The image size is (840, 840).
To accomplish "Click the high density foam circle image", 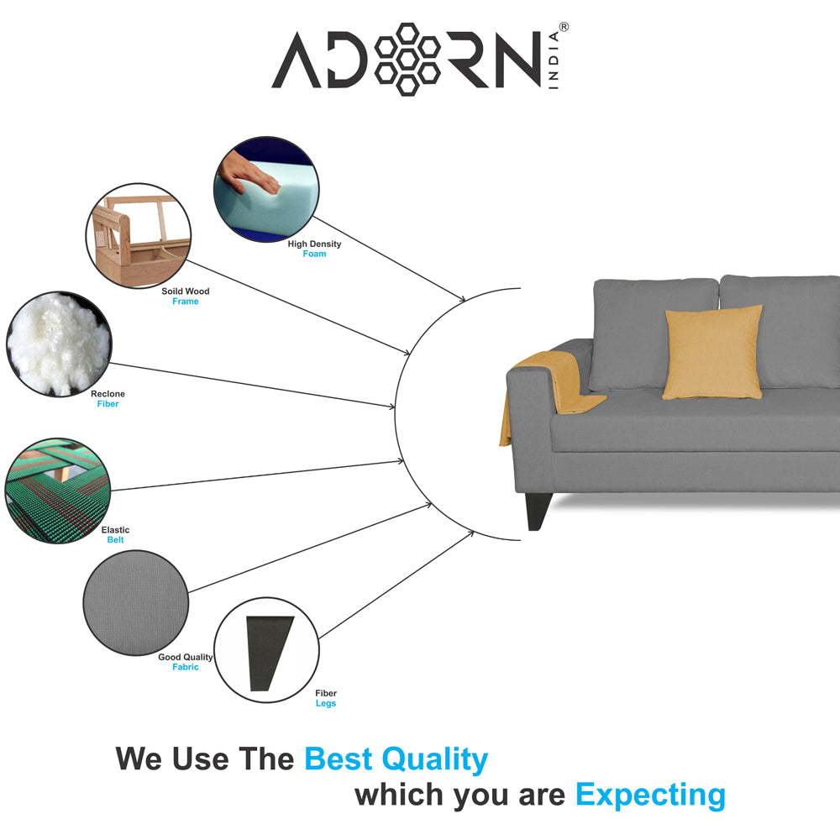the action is coord(266,189).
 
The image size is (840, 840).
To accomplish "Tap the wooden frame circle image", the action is coord(139,236).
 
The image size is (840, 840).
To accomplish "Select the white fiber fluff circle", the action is coord(59,344).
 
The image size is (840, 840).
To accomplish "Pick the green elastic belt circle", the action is coord(58,491).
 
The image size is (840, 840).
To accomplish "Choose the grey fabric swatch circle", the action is coord(136,602).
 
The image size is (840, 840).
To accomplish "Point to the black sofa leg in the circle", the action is coord(269,653).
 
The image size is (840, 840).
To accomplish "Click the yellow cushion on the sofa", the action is coord(712,353).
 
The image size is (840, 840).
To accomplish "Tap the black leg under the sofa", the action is coord(538,511).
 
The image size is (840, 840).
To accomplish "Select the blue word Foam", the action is coord(314,254).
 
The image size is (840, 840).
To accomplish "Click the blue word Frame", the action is coord(186,302).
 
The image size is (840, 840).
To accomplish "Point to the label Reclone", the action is coord(108,394).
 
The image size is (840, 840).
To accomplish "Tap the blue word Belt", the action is coord(115,540).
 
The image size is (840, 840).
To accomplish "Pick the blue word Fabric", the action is coord(186,667).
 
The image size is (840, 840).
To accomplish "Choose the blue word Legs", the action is coord(326,703).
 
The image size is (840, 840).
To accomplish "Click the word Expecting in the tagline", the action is coord(650,795).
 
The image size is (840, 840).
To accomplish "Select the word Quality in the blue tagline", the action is coord(434,759).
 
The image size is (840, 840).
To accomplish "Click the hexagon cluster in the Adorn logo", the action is coord(407,60).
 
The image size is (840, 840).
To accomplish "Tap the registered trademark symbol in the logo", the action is coord(564,27).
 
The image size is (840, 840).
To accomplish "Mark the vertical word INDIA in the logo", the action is coord(554,60).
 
